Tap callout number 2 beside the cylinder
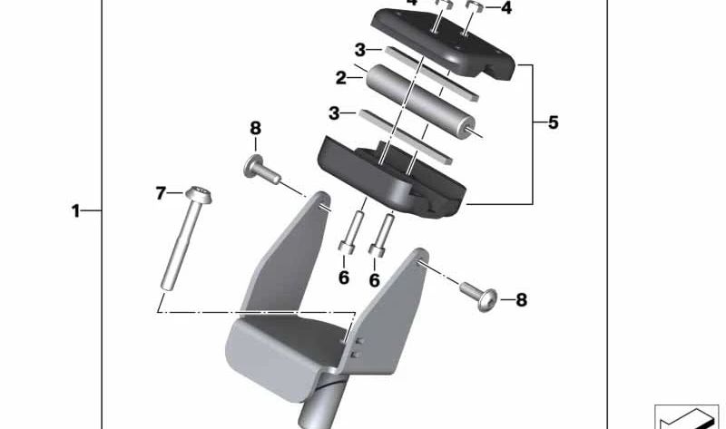[x=341, y=79]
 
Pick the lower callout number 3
[x=335, y=113]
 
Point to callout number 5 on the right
[x=554, y=122]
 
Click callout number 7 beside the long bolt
[x=161, y=192]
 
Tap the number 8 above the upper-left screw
[x=255, y=130]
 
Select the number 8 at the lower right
[x=521, y=298]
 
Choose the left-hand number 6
[x=344, y=278]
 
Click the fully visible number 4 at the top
[x=506, y=9]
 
